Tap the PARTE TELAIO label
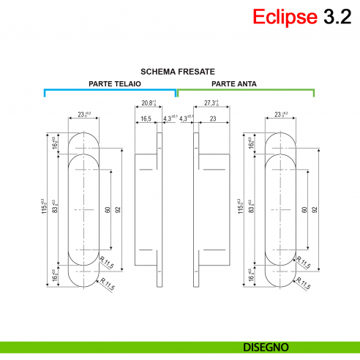[115, 84]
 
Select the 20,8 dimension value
[149, 104]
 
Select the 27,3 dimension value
[213, 104]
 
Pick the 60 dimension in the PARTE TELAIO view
[108, 209]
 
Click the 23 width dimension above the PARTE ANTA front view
[279, 115]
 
